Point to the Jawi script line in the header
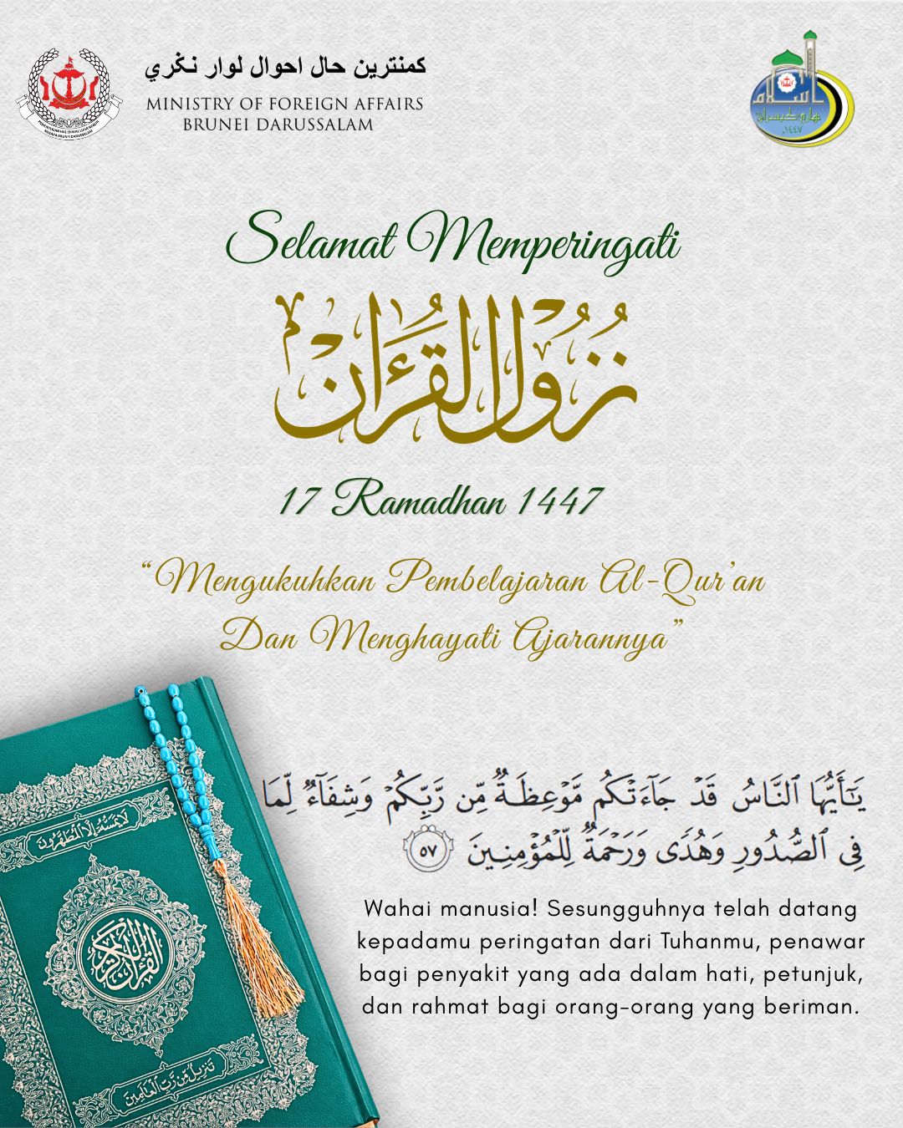tap(285, 67)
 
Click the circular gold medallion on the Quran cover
tap(125, 953)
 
